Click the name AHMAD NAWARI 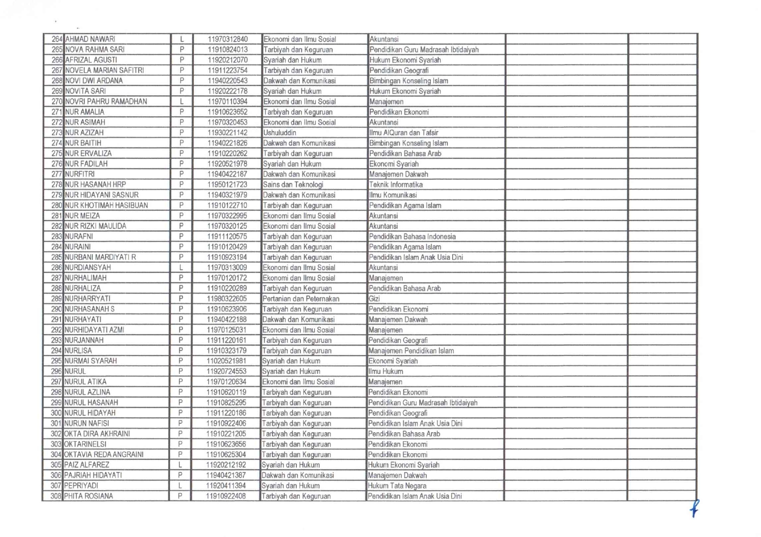pos(90,39)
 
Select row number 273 pos(57,133)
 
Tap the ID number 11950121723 pos(227,185)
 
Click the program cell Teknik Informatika pos(396,185)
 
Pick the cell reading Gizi pos(374,299)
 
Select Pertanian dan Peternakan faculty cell pos(301,299)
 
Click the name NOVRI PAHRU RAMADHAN pos(106,102)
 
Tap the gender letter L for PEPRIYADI pos(180,486)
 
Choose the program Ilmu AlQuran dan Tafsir pos(404,133)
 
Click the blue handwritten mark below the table pos(694,508)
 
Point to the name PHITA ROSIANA pos(88,496)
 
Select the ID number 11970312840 pos(227,39)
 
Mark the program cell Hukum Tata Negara pos(397,486)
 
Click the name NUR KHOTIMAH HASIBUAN pos(106,206)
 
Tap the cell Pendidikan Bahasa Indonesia pos(412,236)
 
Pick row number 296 pos(57,372)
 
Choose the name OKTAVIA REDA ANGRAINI pos(104,455)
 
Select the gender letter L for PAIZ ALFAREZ pos(180,465)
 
